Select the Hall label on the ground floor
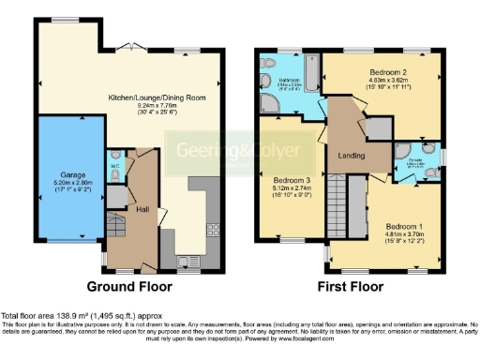click(142, 208)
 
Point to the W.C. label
click(113, 169)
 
